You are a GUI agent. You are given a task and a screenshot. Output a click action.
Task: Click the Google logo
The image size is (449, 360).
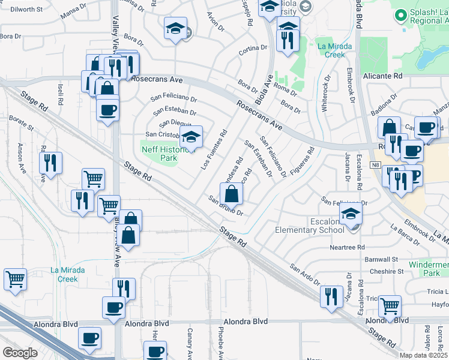point(20,353)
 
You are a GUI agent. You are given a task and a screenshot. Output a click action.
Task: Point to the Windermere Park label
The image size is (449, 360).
point(429,269)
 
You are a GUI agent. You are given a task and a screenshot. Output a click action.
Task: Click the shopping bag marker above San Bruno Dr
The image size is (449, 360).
point(232,194)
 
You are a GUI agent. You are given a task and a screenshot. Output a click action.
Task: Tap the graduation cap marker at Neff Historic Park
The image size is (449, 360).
point(191,137)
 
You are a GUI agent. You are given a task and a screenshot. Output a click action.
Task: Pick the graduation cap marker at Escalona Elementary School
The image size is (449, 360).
point(351,214)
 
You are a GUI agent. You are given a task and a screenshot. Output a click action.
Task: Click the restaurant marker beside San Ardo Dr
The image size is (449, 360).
point(331,297)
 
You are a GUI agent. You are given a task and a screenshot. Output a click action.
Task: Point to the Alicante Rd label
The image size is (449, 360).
point(382,76)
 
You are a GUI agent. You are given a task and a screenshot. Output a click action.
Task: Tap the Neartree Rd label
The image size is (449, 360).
point(347,247)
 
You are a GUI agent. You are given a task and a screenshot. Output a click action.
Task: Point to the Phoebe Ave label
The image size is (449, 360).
point(221,343)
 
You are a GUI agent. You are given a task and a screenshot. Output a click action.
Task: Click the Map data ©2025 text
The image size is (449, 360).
point(424,355)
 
